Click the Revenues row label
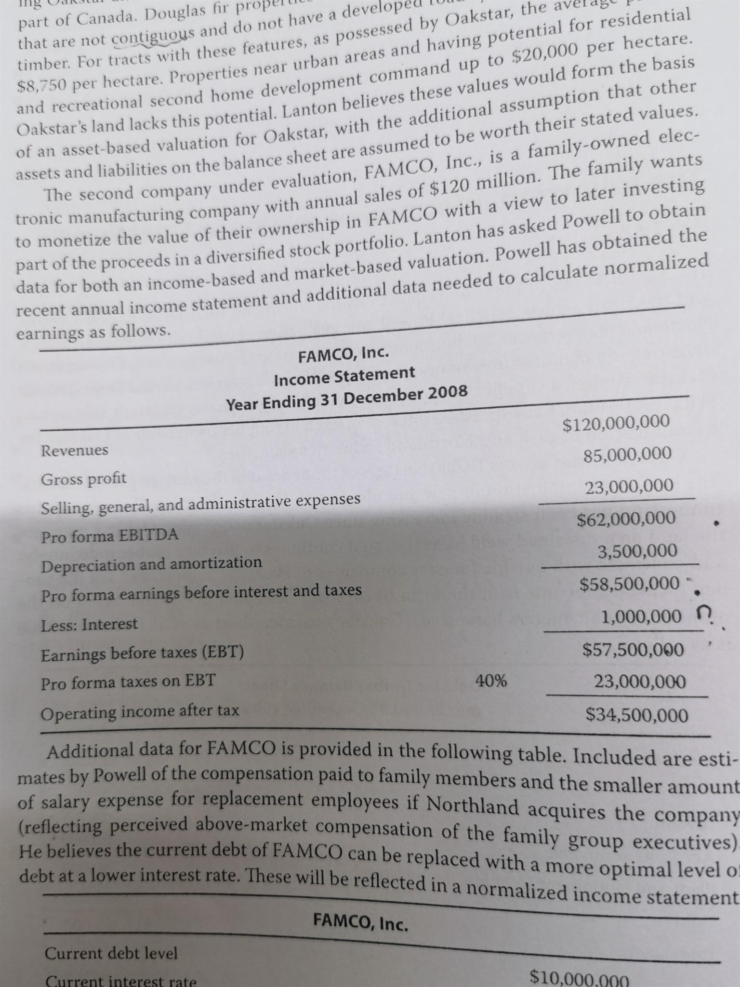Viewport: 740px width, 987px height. coord(75,451)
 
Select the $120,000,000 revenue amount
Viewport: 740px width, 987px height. coord(616,423)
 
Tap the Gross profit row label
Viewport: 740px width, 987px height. coord(83,479)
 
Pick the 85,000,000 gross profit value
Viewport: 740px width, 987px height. coord(627,453)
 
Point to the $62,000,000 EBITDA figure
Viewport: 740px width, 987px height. coord(626,519)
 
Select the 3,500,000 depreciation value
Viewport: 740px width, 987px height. coord(637,551)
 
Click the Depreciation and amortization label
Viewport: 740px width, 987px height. coord(152,563)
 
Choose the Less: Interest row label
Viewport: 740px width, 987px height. coord(89,625)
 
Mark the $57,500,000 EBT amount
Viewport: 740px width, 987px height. coord(633,650)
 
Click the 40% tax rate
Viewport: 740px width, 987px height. coord(491,681)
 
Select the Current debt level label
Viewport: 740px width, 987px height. coord(111,953)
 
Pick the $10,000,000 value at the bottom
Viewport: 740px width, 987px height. coord(579,978)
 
